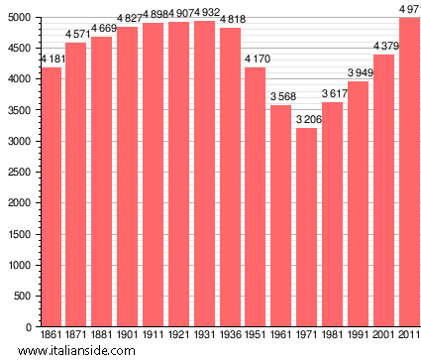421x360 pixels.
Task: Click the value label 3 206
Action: pyautogui.click(x=308, y=119)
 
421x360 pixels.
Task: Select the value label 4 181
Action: pyautogui.click(x=53, y=59)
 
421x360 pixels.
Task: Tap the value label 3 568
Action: pyautogui.click(x=282, y=96)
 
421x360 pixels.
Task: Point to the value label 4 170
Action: pyautogui.click(x=257, y=59)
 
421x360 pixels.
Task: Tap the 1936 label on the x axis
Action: pyautogui.click(x=231, y=335)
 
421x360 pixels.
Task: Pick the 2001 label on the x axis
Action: pyautogui.click(x=384, y=335)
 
